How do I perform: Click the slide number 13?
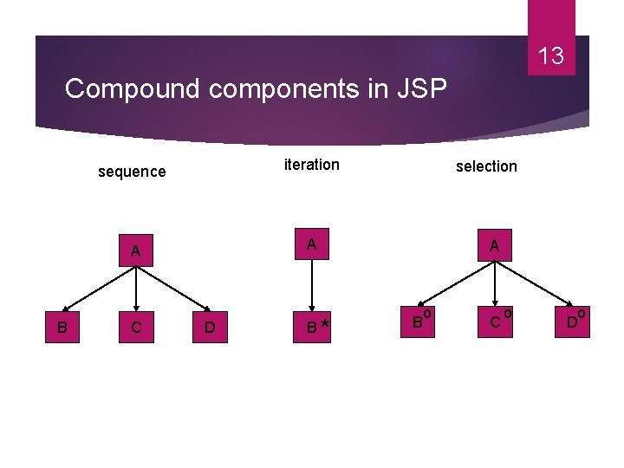pos(550,57)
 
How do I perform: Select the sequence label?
pos(132,172)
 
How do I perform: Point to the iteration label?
pos(312,165)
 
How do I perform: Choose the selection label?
pos(486,166)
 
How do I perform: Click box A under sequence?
pos(136,251)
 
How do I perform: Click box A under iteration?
pos(312,246)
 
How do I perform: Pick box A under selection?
pos(494,246)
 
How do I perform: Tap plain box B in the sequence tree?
pos(62,328)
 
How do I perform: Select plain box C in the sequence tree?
pos(136,328)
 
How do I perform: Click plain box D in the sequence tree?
pos(210,328)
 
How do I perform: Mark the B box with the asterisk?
pos(312,328)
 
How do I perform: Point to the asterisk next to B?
pos(324,323)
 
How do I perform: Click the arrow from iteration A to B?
pos(312,286)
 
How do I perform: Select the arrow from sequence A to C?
pos(136,289)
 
